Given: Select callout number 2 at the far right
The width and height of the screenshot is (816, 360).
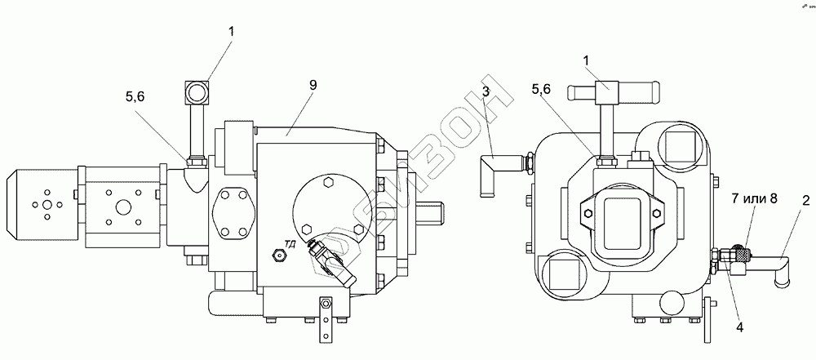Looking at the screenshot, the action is (x=805, y=199).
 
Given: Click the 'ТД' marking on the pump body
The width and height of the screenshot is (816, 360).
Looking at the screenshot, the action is (x=289, y=242).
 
